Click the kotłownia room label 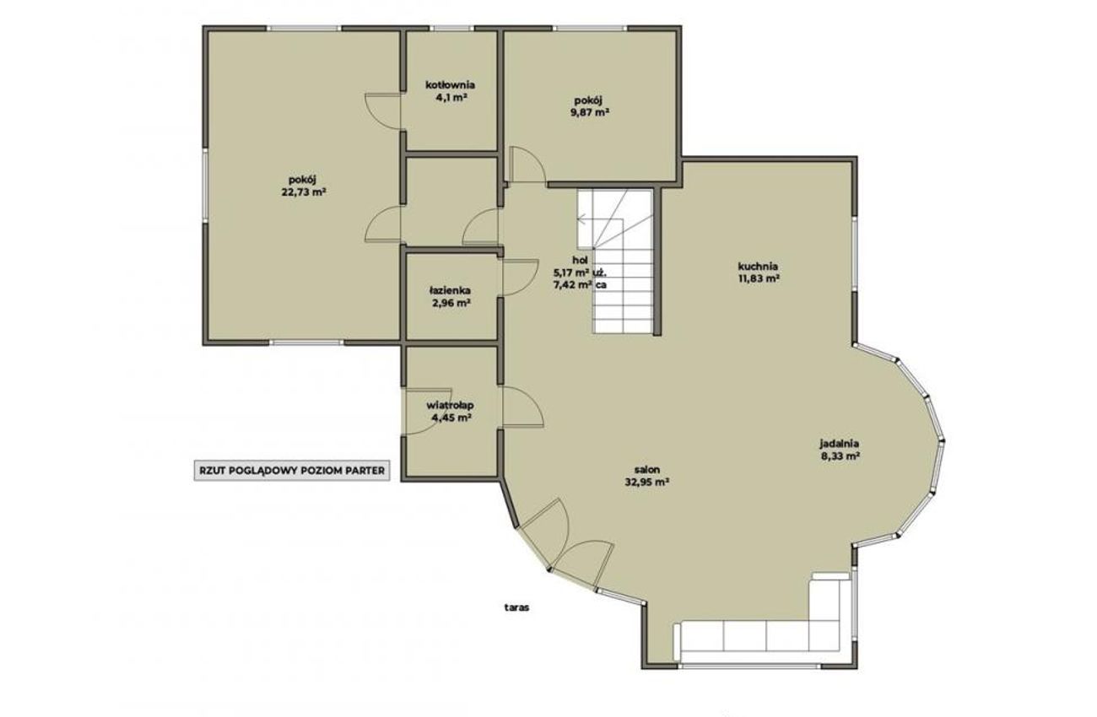(x=450, y=85)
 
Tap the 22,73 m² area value (x=304, y=191)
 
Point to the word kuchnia (x=758, y=267)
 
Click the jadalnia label (x=840, y=444)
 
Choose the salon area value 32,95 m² (x=647, y=481)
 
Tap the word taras (x=517, y=608)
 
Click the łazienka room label (x=450, y=291)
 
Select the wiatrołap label (x=450, y=405)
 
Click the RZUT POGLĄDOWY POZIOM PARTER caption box (x=292, y=471)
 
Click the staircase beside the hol (x=615, y=261)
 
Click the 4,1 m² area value (x=451, y=97)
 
